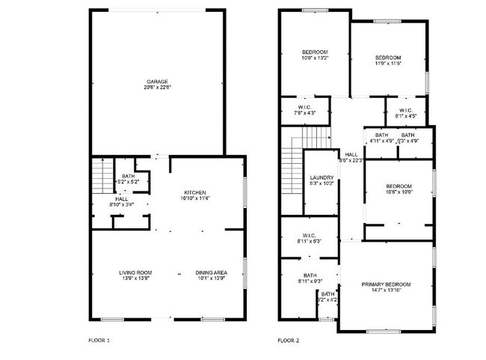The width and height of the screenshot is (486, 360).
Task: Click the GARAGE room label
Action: click(x=156, y=81)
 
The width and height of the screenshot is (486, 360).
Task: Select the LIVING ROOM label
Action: click(x=135, y=272)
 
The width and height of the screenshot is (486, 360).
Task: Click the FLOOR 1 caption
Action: click(x=99, y=341)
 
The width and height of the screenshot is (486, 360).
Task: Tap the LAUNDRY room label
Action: click(x=322, y=177)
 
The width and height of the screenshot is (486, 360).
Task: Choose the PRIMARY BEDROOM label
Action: click(x=386, y=284)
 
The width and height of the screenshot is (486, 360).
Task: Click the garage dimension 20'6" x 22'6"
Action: click(x=156, y=88)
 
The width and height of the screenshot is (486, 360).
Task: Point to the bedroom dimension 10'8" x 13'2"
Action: click(x=314, y=58)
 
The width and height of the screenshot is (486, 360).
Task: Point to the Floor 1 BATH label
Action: click(x=128, y=176)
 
